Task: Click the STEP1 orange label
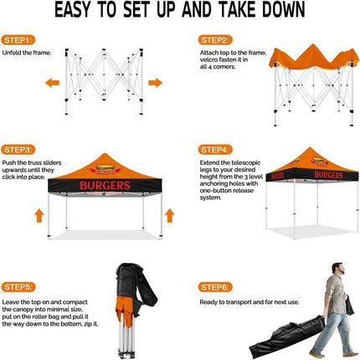(x=19, y=39)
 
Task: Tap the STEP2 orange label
(x=215, y=39)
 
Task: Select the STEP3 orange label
(x=19, y=149)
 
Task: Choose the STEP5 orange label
(x=19, y=286)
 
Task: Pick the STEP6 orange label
(x=215, y=286)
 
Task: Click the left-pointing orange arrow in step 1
(x=52, y=83)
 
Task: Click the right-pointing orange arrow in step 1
(x=155, y=83)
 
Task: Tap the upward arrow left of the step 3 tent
(x=39, y=216)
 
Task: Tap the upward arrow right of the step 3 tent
(x=169, y=216)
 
